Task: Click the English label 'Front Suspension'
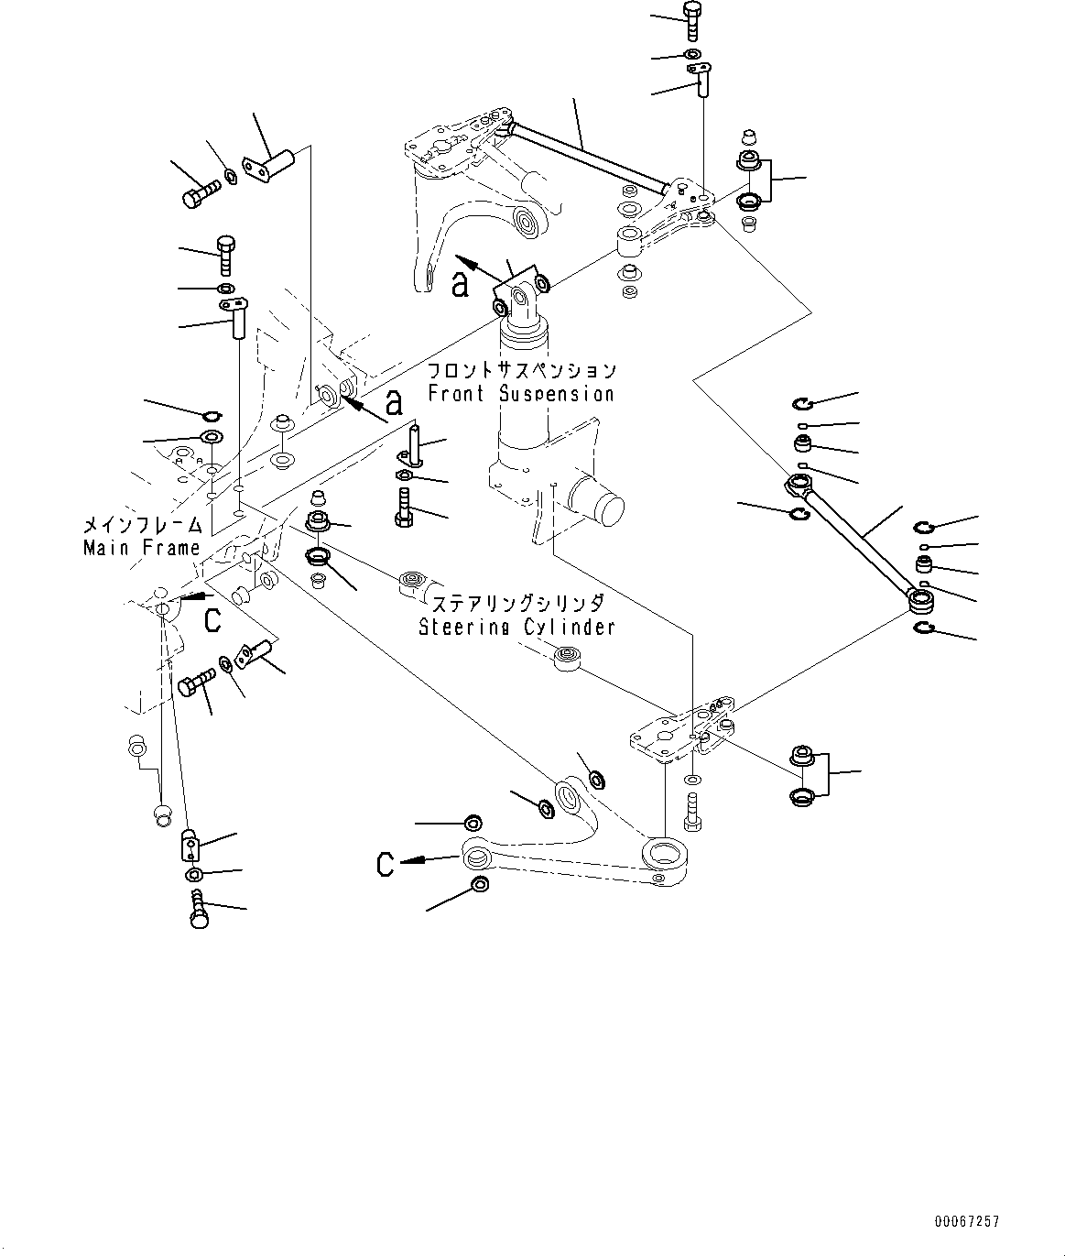(520, 394)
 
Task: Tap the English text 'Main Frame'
(141, 548)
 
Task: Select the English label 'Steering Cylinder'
(516, 627)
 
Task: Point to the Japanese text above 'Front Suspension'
(522, 371)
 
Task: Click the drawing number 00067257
(967, 1221)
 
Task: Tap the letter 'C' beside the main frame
(212, 620)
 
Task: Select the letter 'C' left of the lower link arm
(386, 863)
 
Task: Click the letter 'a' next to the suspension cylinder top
(461, 283)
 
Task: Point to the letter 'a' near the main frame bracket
(394, 401)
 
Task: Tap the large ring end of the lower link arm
(666, 853)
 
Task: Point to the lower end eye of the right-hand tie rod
(920, 600)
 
